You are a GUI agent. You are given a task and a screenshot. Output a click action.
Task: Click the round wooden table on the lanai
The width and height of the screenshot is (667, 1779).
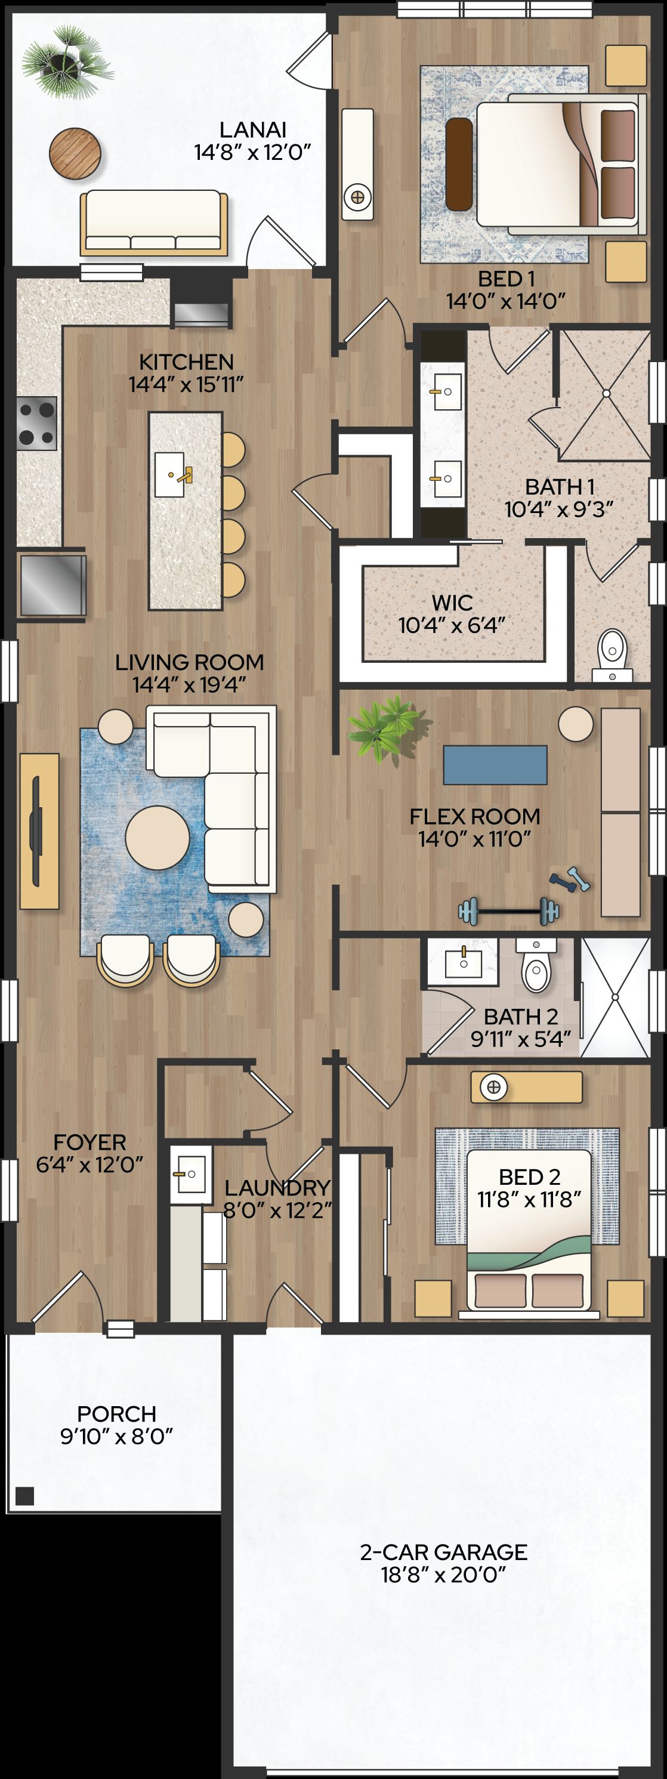tap(75, 154)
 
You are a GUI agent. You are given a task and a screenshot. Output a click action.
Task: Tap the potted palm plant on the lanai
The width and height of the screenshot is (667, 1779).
tap(67, 61)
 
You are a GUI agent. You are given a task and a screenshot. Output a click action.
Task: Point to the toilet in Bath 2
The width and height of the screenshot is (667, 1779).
tap(536, 965)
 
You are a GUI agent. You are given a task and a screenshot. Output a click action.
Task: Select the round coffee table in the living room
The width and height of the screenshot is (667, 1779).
tap(158, 838)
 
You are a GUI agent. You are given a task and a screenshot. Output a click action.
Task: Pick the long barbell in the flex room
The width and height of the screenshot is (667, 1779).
tap(509, 911)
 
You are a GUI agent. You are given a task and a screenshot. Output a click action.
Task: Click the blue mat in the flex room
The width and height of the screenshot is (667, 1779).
tap(495, 764)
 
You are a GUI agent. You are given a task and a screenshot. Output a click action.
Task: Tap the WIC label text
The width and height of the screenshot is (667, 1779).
tap(452, 602)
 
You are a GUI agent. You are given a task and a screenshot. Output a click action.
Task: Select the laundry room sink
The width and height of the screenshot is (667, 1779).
tap(188, 1174)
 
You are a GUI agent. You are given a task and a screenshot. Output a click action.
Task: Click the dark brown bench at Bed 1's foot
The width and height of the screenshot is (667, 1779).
tap(459, 163)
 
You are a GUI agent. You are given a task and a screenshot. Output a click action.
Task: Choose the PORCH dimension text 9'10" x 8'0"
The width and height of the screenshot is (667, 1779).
tap(116, 1437)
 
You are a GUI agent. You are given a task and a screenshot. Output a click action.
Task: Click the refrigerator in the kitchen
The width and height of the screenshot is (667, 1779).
tap(52, 584)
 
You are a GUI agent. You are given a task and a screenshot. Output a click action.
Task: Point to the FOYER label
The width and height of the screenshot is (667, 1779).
tap(89, 1142)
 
